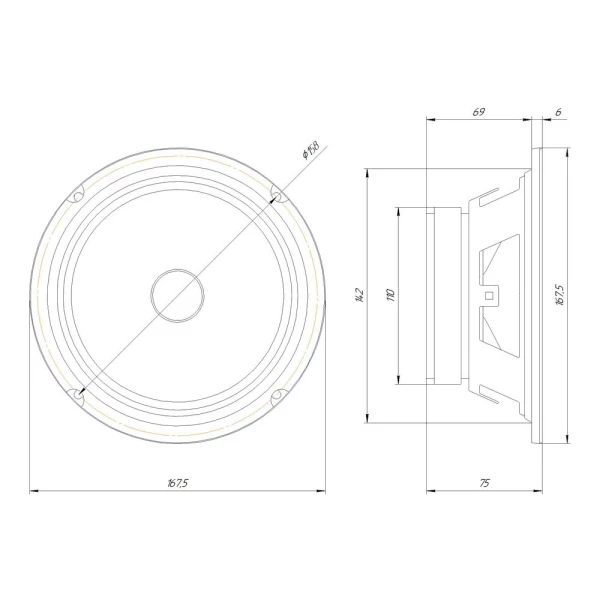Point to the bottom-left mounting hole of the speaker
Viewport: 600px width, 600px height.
pos(78,395)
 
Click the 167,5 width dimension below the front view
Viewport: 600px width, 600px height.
pos(178,483)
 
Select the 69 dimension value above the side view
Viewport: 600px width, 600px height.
pos(479,111)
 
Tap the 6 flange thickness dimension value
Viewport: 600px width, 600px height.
pos(557,111)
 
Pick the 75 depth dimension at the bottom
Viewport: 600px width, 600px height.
pos(484,483)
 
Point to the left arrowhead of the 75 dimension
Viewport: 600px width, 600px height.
pos(431,491)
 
